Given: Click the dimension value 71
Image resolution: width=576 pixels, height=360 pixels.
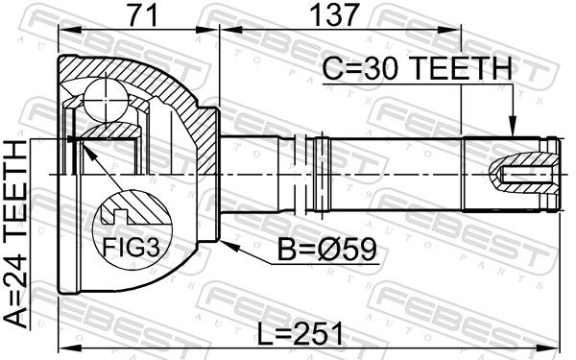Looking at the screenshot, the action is [143, 14].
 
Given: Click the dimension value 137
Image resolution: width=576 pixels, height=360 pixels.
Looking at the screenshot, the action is [333, 14].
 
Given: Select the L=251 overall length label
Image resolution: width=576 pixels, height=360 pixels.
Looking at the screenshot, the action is [300, 333].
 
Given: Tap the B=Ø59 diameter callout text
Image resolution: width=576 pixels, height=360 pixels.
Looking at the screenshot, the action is [327, 249].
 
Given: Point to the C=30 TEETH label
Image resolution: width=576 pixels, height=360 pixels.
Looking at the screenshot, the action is [418, 69].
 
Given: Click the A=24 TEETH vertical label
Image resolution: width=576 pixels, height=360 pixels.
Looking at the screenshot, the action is [15, 234].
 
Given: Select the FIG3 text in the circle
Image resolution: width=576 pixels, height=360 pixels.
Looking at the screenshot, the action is [132, 247].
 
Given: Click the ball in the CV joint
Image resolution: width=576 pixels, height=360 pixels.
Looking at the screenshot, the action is [106, 100].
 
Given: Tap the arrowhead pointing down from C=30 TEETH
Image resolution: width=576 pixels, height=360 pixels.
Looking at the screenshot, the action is [512, 126].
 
